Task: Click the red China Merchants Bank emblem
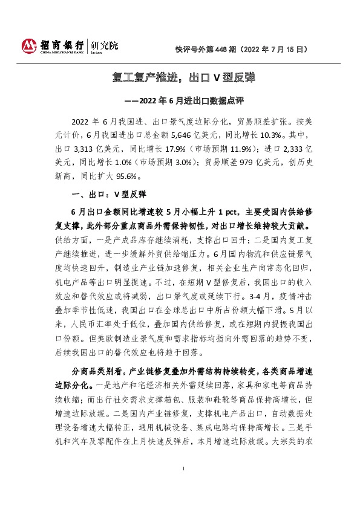[x=29, y=46]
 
